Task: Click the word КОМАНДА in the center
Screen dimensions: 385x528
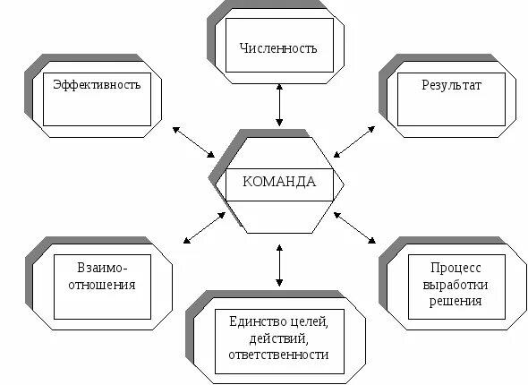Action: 279,182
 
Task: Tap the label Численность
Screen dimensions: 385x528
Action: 278,47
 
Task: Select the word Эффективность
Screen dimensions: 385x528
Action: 98,85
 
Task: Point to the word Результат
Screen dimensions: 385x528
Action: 451,85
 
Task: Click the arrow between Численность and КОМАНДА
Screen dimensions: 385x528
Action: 280,105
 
